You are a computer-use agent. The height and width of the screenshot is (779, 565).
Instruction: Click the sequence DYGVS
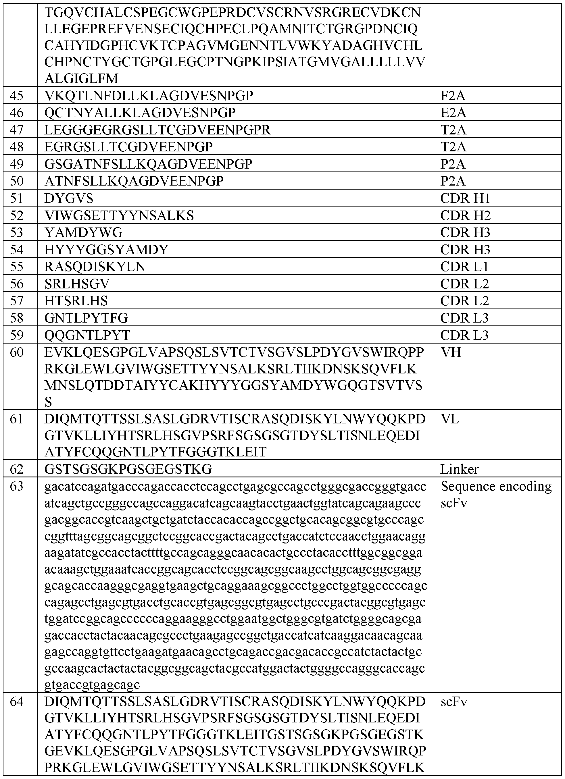69,198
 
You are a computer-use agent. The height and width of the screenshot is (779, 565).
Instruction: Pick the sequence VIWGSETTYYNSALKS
119,215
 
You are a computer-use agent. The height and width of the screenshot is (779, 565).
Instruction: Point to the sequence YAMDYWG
84,233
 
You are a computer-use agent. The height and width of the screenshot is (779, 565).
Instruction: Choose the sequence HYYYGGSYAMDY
106,250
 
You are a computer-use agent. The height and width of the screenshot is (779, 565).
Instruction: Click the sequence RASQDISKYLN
95,267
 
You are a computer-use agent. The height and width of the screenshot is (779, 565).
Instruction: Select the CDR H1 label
465,198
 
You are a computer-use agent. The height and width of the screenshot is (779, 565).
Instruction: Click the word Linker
460,469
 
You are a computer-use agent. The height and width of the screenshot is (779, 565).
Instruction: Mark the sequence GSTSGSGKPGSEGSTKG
128,469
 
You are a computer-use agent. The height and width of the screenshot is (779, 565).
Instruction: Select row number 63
16,487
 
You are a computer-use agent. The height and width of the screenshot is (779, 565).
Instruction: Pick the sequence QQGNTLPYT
87,335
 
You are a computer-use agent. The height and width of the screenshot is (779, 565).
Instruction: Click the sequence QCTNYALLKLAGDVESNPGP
140,113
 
